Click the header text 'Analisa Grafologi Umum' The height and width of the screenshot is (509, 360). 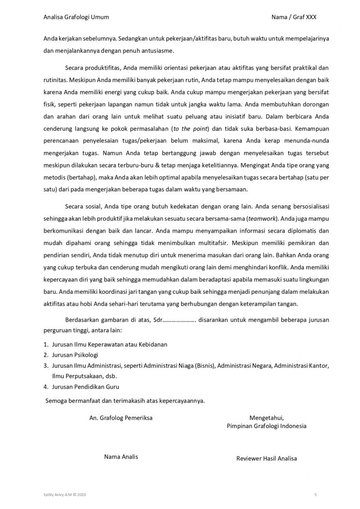[76, 17]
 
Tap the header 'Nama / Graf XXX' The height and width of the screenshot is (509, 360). [294, 17]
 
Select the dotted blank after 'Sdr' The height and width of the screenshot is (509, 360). [179, 320]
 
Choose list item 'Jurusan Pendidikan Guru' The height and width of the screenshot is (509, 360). [86, 386]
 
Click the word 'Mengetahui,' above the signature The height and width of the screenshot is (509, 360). [266, 418]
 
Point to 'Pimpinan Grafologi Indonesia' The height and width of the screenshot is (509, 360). [267, 426]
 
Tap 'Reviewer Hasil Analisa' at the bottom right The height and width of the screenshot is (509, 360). [267, 458]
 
